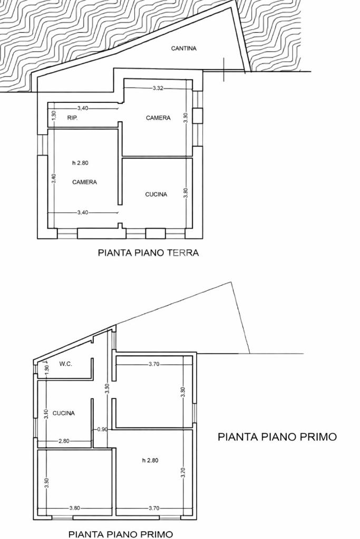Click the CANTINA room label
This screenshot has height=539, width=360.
click(184, 48)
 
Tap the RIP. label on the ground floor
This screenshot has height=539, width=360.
click(72, 118)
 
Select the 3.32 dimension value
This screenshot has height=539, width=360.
click(158, 89)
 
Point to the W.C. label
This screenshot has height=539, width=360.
click(66, 364)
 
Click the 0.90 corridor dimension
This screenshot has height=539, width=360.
click(102, 429)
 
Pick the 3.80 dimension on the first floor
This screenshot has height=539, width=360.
click(75, 508)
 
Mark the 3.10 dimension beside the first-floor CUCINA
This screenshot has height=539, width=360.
click(46, 413)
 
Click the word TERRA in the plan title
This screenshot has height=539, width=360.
click(182, 253)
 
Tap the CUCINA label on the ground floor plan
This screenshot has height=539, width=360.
click(156, 194)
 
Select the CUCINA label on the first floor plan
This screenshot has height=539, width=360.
click(64, 413)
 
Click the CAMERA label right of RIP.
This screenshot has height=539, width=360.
click(158, 118)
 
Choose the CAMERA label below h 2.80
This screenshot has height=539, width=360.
click(84, 182)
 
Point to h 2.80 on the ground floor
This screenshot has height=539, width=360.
click(80, 163)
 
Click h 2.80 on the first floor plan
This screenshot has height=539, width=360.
click(150, 460)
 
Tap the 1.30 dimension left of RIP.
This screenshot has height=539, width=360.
click(54, 115)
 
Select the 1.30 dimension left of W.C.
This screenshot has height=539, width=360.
click(47, 368)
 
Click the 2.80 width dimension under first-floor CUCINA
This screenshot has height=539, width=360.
click(64, 441)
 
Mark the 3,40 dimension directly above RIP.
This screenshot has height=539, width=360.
click(83, 109)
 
